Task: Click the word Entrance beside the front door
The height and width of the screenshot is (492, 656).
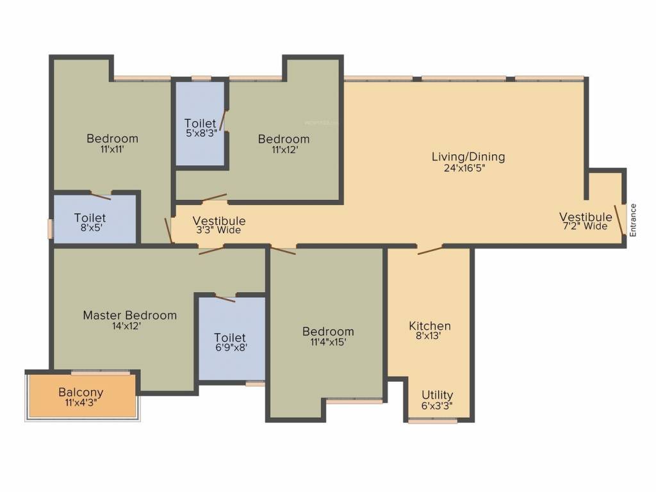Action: pyautogui.click(x=633, y=220)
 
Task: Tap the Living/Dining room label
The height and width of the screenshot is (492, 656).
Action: pyautogui.click(x=468, y=156)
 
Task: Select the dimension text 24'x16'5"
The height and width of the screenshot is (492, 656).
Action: pyautogui.click(x=468, y=168)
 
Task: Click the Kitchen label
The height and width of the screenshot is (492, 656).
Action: pyautogui.click(x=430, y=326)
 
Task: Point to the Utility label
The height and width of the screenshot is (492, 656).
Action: pyautogui.click(x=437, y=395)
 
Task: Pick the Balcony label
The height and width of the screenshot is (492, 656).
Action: pyautogui.click(x=81, y=392)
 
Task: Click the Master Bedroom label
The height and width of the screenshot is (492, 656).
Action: pyautogui.click(x=129, y=315)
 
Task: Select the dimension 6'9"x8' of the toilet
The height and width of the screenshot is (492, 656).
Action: pyautogui.click(x=230, y=348)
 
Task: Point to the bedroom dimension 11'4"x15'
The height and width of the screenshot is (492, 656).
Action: pyautogui.click(x=328, y=342)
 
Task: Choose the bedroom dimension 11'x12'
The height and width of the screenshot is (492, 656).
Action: pyautogui.click(x=283, y=150)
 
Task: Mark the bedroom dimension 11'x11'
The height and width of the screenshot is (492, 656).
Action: pyautogui.click(x=112, y=149)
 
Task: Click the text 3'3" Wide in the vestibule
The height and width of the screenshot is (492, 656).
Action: pyautogui.click(x=218, y=231)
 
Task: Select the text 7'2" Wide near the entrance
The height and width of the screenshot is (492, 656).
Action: pyautogui.click(x=585, y=226)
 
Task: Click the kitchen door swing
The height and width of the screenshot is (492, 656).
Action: pyautogui.click(x=430, y=250)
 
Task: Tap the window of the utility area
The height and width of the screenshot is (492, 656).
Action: pyautogui.click(x=432, y=421)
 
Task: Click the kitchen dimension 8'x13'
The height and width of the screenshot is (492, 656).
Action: pyautogui.click(x=430, y=336)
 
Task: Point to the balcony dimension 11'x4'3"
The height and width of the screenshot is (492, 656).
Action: pyautogui.click(x=81, y=403)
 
